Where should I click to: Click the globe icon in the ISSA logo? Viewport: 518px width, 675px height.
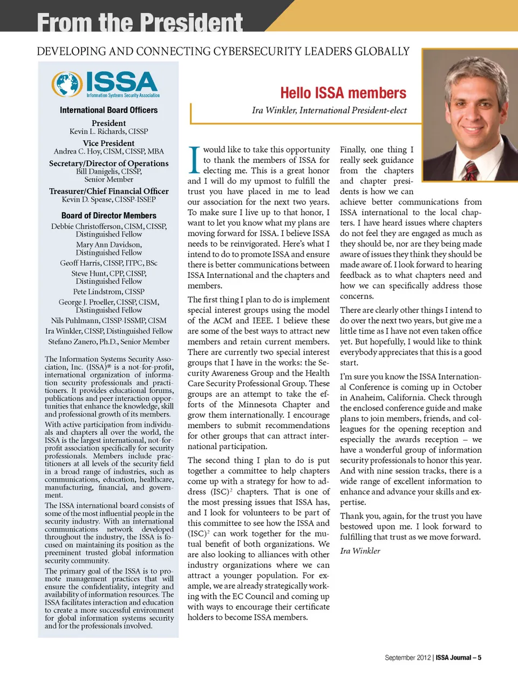[67, 84]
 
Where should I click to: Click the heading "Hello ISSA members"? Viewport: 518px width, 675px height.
[343, 93]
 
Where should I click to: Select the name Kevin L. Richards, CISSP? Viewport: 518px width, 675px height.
[108, 131]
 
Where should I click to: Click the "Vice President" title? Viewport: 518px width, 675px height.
[108, 143]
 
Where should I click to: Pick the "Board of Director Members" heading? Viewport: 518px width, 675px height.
[108, 215]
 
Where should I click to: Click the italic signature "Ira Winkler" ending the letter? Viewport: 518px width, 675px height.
[360, 551]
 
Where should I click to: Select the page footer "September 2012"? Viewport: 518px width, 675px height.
[407, 658]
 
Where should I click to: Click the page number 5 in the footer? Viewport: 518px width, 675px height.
[479, 658]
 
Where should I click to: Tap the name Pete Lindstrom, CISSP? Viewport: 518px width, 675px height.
[108, 291]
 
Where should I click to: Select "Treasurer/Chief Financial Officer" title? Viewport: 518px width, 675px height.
[108, 191]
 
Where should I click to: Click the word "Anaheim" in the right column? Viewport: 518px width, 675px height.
[366, 398]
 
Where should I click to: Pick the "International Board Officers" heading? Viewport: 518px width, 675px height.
[108, 110]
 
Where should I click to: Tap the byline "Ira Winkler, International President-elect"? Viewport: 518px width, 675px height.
[329, 110]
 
